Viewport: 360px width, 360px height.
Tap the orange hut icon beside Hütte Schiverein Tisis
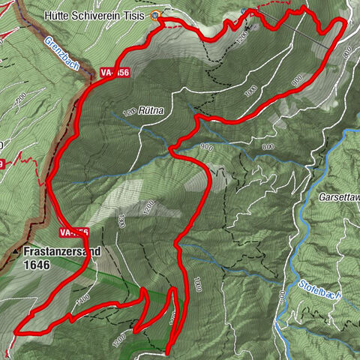[156, 15]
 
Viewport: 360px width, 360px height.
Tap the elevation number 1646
[37, 265]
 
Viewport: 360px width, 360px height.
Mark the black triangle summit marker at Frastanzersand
[17, 250]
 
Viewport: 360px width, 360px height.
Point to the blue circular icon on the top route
[244, 10]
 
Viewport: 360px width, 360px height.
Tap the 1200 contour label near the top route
[241, 35]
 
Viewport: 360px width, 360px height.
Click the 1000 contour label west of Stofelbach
[197, 284]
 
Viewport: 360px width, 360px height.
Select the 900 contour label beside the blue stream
[207, 147]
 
